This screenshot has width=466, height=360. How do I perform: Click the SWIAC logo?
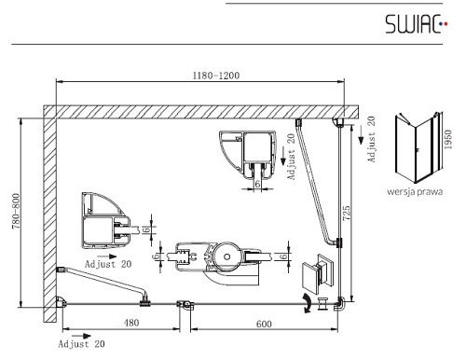click(x=417, y=24)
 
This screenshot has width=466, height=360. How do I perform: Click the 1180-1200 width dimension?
click(x=216, y=76)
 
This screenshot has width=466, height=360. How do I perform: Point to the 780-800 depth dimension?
click(x=16, y=211)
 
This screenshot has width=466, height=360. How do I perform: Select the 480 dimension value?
click(x=131, y=323)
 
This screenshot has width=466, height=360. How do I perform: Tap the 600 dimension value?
click(x=264, y=324)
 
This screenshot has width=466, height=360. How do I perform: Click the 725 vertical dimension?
click(x=347, y=213)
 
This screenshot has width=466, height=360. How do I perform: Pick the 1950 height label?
click(x=447, y=139)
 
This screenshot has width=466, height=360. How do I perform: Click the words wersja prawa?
click(x=415, y=191)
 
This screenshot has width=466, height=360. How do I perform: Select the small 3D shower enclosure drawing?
click(x=418, y=148)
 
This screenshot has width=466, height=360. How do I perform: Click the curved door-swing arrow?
click(x=308, y=303)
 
